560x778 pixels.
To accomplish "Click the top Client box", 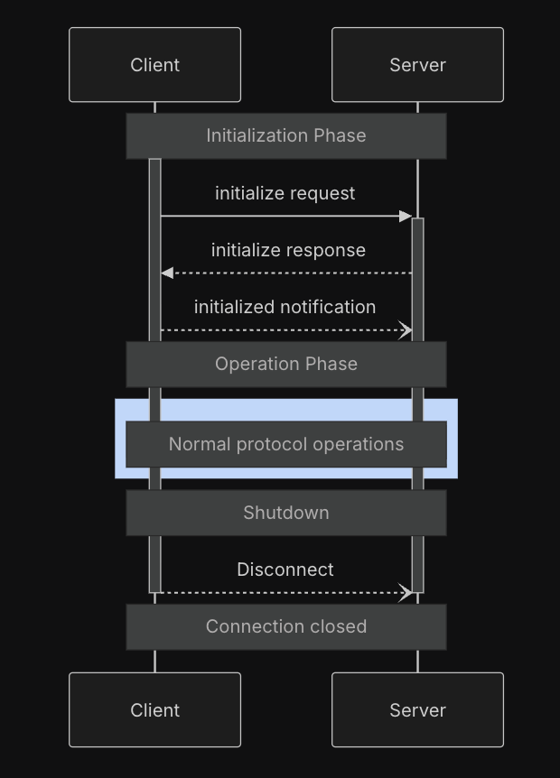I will pos(154,65).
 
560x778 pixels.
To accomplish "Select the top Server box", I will pos(417,65).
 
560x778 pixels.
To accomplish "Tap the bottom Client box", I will pos(154,710).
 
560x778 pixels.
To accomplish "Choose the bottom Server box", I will pos(417,710).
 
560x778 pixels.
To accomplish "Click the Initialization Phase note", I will pos(285,136).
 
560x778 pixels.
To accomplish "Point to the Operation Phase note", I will pos(285,364).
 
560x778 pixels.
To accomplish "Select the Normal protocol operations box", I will pos(285,444).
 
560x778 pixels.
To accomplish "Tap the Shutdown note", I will pos(285,513).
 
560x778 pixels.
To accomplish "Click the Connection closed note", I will pos(285,626).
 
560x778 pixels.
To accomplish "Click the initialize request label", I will pos(285,193).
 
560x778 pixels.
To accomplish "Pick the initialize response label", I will pos(288,250).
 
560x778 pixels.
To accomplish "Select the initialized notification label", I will pos(285,307).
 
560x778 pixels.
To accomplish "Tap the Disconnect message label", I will pos(285,570).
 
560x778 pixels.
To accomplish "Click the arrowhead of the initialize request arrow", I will pos(406,217).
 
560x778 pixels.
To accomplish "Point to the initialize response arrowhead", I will pos(166,273).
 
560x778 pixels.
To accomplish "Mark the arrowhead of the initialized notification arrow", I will pos(406,330).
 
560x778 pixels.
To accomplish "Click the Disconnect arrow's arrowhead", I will pos(406,593).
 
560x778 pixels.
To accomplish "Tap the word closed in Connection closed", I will pos(337,626).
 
